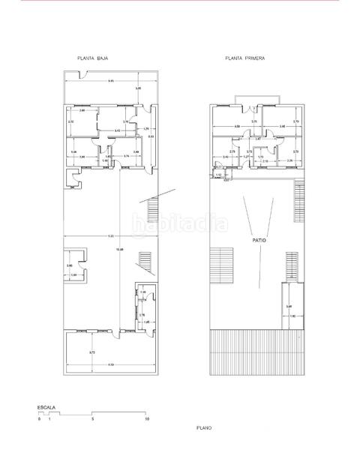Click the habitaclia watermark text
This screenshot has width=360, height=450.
coord(180,223)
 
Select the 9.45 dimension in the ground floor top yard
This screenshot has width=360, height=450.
coord(110,80)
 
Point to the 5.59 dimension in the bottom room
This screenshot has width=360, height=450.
coord(110,364)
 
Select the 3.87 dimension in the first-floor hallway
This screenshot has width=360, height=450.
coord(258,139)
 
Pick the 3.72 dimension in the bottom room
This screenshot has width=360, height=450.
coord(91,352)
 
